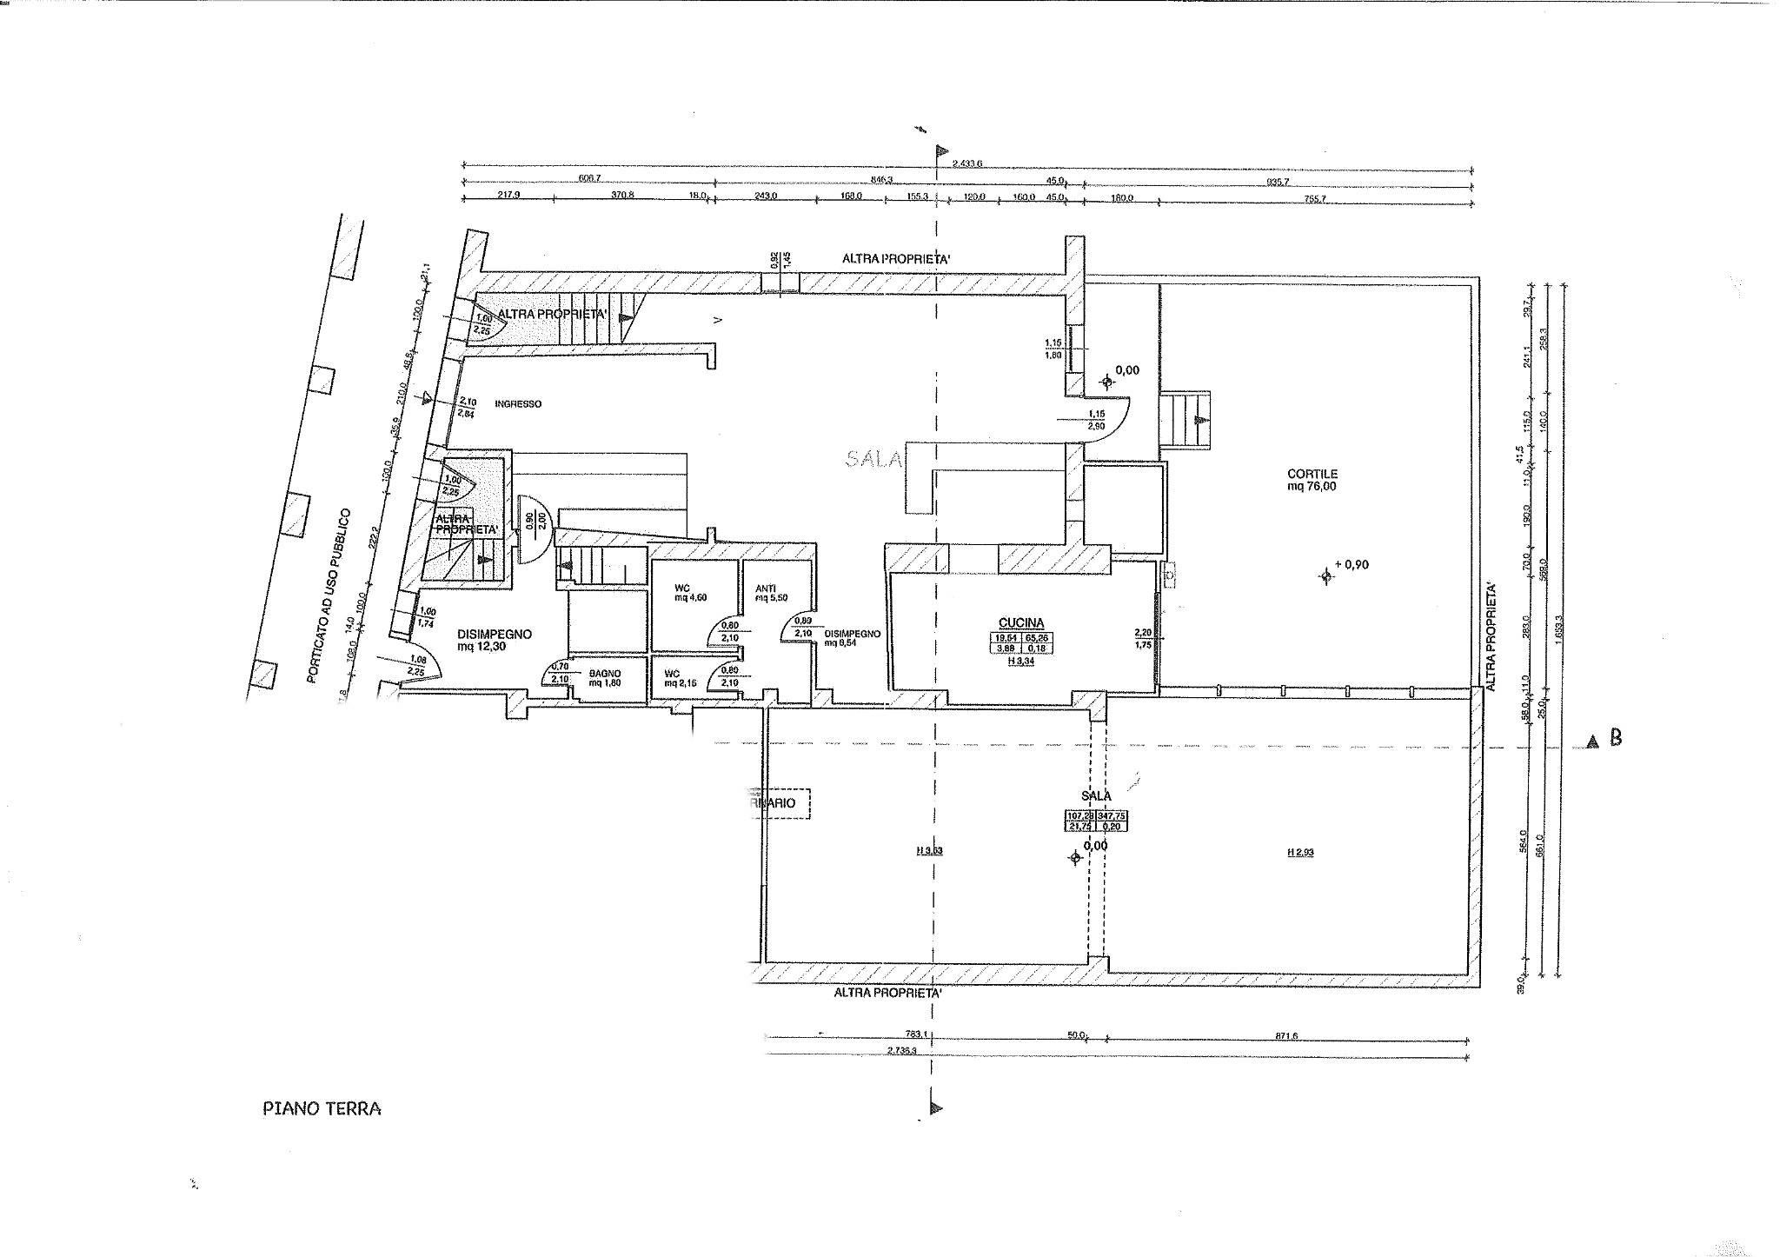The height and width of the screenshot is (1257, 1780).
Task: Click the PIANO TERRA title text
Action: (x=322, y=1109)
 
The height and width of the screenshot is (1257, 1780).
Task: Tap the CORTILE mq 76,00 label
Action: (x=1312, y=480)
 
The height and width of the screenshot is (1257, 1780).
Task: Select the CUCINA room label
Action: (x=1021, y=622)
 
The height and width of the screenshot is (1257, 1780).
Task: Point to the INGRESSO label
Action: (x=518, y=404)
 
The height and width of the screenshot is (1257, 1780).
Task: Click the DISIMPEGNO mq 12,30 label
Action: (x=494, y=641)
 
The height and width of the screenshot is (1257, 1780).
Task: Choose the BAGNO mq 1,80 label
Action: (x=605, y=678)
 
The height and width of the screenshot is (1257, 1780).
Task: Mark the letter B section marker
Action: (x=1616, y=739)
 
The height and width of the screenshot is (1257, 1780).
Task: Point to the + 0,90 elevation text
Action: (x=1352, y=564)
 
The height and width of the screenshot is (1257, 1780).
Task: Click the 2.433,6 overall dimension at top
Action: (x=966, y=163)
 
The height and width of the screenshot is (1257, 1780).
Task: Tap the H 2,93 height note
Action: (x=1300, y=853)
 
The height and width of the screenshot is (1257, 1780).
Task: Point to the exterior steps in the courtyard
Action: (x=1186, y=420)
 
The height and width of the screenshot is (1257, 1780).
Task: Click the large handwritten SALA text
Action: (x=875, y=459)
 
